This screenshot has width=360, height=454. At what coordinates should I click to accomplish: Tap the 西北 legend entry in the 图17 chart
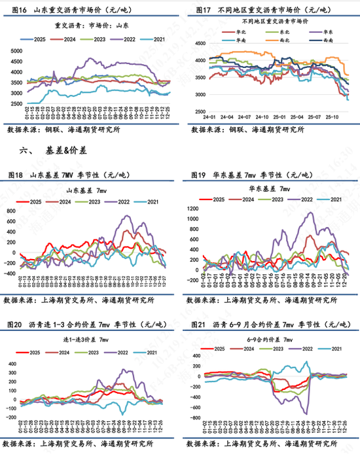point(286,39)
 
